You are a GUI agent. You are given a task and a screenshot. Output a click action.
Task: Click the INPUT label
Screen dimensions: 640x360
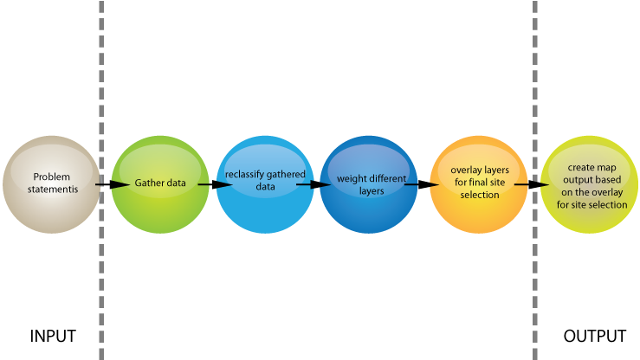pos(53,337)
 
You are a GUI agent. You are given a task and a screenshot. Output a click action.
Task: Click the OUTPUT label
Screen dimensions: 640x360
pos(595,337)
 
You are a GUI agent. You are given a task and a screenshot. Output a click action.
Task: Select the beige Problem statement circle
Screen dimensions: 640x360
pos(51,184)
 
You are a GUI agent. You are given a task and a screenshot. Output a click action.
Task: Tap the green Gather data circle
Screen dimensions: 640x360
pos(160,184)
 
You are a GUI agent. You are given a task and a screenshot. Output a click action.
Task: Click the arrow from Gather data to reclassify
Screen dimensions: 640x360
pos(215,184)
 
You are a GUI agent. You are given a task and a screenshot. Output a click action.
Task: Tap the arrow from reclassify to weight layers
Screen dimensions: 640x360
pos(314,184)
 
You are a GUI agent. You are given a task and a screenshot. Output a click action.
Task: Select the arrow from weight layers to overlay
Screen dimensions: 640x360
pos(422,184)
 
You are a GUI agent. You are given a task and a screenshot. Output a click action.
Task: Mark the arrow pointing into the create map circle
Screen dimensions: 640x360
pos(532,184)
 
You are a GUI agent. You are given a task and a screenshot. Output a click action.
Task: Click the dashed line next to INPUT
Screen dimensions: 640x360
pos(101,180)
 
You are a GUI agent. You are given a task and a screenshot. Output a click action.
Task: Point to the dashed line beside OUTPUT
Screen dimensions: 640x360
pos(534,180)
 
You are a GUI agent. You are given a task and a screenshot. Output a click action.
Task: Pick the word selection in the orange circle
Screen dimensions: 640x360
pos(480,195)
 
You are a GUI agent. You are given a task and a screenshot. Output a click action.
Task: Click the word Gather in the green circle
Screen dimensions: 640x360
pos(148,183)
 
